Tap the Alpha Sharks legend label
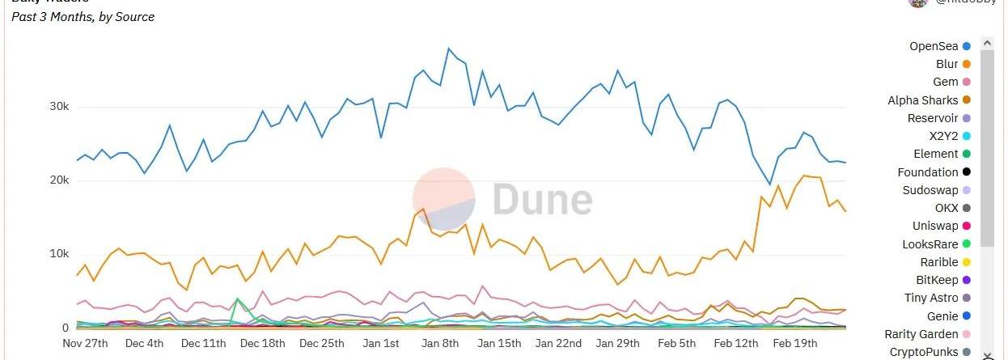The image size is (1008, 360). [922, 100]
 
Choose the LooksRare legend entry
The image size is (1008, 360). [930, 244]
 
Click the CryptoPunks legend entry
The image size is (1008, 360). [924, 352]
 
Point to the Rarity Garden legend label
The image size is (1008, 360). [921, 334]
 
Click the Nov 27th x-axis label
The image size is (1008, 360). [85, 343]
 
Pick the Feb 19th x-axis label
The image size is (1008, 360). [794, 343]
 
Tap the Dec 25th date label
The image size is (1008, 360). [322, 343]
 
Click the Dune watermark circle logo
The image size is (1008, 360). [443, 199]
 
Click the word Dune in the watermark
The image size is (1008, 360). [542, 200]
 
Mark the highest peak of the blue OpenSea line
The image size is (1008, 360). [448, 49]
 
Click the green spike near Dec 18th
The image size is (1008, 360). [237, 299]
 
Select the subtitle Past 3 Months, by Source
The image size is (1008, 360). [83, 17]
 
